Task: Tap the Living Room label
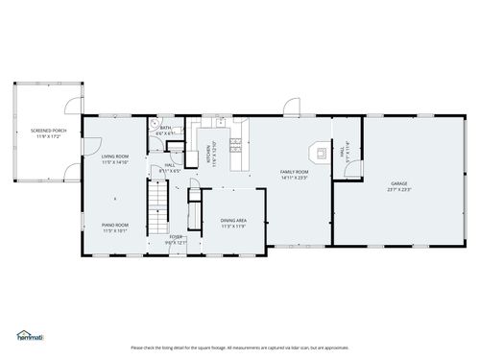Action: click(x=115, y=157)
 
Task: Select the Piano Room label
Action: click(x=115, y=227)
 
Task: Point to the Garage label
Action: click(x=398, y=183)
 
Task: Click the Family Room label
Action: click(x=294, y=172)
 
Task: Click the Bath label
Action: click(x=165, y=128)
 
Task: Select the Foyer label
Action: click(x=176, y=236)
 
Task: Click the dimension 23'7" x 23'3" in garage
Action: click(x=398, y=189)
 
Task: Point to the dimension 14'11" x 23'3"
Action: click(x=294, y=178)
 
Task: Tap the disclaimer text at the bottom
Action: click(x=240, y=348)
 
